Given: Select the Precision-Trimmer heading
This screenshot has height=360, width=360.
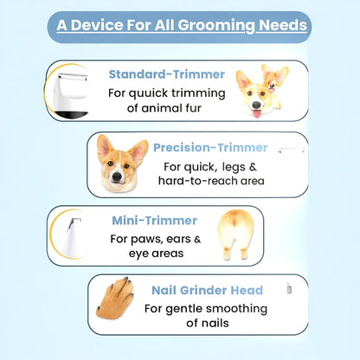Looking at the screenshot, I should [210, 147].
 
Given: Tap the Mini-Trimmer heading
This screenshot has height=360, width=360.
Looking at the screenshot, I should [154, 220].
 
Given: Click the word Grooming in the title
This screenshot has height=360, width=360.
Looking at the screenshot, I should [218, 25].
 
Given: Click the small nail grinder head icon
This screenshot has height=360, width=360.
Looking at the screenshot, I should [286, 290].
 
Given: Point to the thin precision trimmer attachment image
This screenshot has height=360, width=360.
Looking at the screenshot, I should [289, 151].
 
